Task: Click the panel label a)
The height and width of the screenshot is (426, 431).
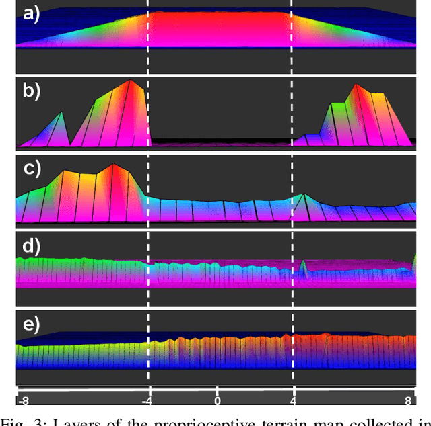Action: point(31,14)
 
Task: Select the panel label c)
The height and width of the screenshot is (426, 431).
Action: point(31,168)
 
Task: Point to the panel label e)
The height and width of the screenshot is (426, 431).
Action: point(31,325)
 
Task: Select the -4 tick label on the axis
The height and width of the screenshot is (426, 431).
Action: point(146,401)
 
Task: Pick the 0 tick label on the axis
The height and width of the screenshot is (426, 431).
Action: point(218,401)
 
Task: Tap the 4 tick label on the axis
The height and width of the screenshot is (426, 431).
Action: point(292,401)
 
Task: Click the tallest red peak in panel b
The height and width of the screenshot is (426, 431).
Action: point(130,82)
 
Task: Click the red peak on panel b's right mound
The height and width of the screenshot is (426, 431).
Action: point(358,85)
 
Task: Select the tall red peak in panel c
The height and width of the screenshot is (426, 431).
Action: point(112,165)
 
